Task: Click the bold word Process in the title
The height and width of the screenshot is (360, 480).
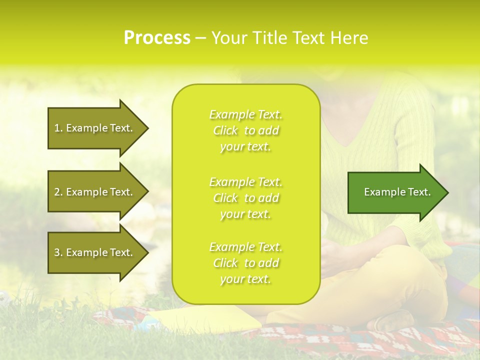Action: [x=157, y=38]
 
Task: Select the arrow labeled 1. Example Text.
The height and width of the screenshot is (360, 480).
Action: [x=95, y=128]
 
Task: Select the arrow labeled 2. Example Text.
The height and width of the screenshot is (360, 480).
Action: [x=95, y=192]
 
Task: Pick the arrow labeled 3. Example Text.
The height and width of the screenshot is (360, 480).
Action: [x=95, y=252]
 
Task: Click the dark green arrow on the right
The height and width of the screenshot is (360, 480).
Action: [x=395, y=192]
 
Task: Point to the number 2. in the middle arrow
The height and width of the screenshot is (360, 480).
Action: [x=58, y=192]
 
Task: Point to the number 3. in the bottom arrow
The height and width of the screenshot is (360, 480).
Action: [x=58, y=252]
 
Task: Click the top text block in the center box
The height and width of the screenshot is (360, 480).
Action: [x=245, y=130]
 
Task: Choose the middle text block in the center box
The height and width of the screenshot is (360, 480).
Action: [x=245, y=198]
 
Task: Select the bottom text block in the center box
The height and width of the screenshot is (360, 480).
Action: [x=245, y=263]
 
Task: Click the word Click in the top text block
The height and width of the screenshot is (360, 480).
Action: [x=225, y=130]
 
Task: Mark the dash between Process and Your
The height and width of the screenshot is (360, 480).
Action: [x=200, y=38]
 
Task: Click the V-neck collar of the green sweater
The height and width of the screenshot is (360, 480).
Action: [x=345, y=145]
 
